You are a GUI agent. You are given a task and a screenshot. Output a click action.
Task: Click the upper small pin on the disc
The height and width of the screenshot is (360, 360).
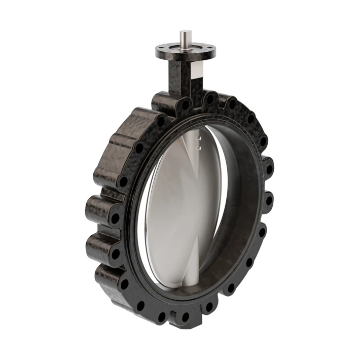(x=200, y=138)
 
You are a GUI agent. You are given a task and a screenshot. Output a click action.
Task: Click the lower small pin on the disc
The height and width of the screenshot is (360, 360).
(x=199, y=148)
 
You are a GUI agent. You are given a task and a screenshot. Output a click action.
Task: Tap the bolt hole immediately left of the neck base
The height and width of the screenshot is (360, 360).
(x=186, y=105)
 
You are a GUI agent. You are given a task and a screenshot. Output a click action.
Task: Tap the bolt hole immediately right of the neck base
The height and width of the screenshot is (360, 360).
(x=209, y=97)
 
